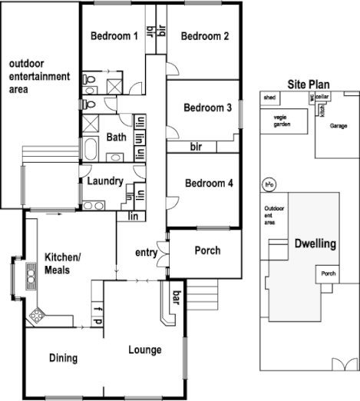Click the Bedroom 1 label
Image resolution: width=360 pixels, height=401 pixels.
coord(114,35)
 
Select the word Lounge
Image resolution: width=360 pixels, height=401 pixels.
coord(145,350)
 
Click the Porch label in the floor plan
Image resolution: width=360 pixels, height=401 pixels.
coord(207,250)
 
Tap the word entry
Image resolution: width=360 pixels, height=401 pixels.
coord(146,253)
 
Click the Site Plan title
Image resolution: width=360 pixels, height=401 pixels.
coord(309,84)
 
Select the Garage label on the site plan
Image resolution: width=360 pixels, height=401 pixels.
coord(339,124)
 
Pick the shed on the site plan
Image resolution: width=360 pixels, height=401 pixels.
coord(269,98)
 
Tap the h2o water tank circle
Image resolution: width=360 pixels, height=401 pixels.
coord(269,184)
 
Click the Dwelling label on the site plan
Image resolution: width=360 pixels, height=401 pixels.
coord(315,244)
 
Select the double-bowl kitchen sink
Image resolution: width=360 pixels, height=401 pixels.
coord(31,273)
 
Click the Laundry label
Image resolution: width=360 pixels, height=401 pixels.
coord(101,182)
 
